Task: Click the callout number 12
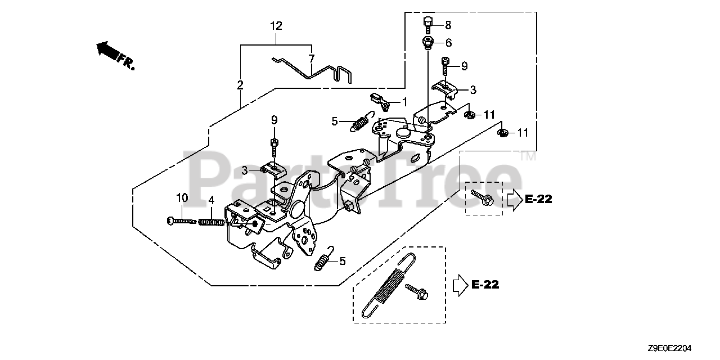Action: click(276, 26)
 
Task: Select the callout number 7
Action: click(311, 58)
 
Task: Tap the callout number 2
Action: click(240, 85)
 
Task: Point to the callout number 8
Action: click(448, 25)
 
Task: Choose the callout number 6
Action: click(448, 43)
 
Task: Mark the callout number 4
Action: click(211, 200)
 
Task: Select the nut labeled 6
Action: click(427, 42)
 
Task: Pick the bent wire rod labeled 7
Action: click(315, 70)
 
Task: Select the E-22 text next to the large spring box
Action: click(484, 285)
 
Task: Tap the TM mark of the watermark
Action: click(528, 157)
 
